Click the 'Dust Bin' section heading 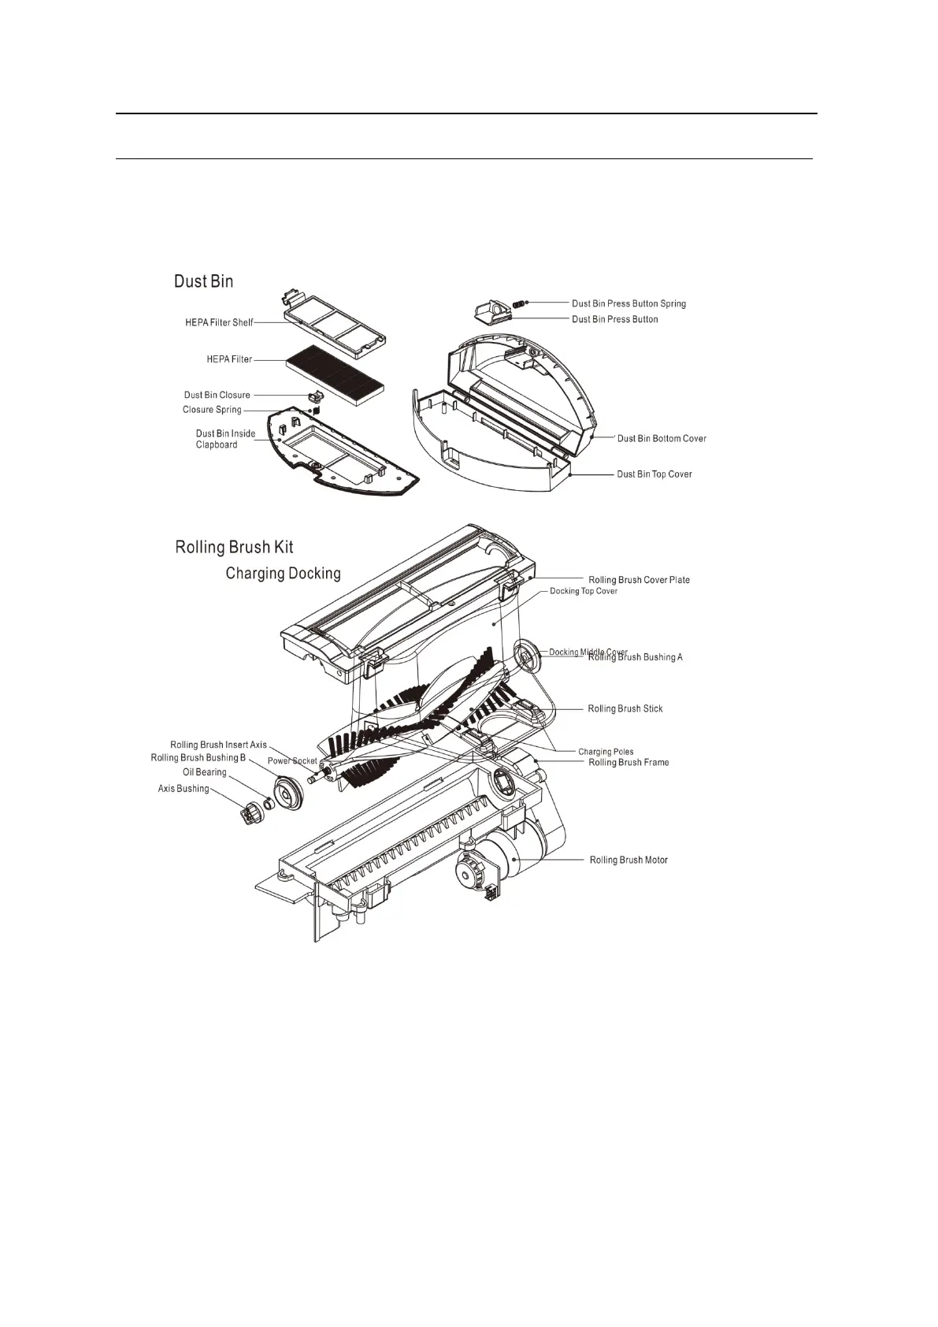[x=203, y=281]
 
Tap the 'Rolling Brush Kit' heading [x=234, y=547]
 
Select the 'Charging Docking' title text [x=283, y=573]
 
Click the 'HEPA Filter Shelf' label [x=219, y=322]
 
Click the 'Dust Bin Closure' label [x=217, y=395]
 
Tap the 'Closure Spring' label [x=212, y=410]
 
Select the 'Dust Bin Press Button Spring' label [x=628, y=303]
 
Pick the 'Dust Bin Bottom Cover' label [x=662, y=438]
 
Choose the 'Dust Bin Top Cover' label [x=654, y=474]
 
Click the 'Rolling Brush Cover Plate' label [x=639, y=580]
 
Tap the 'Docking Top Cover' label [x=584, y=591]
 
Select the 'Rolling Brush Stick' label [x=625, y=709]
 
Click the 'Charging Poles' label [x=606, y=752]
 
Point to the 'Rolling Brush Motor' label [x=628, y=860]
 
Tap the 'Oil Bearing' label [x=205, y=772]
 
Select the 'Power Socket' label [x=292, y=761]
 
